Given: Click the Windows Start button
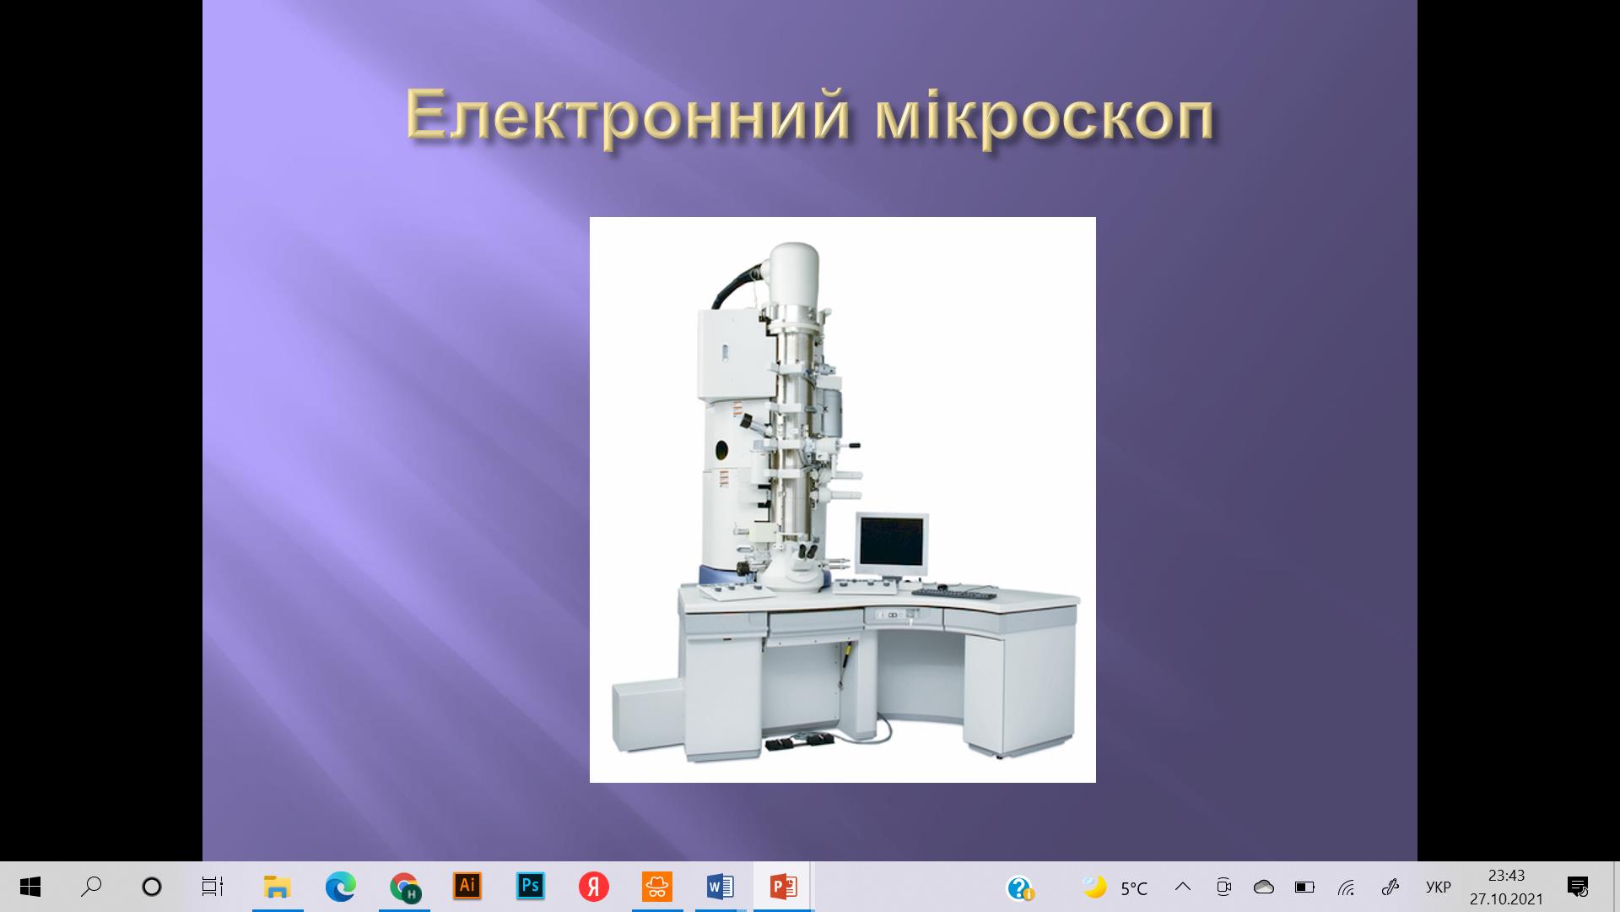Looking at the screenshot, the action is coord(30,887).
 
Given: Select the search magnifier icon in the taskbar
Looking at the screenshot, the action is coord(91,887).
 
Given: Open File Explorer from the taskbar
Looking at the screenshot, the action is coord(278,887).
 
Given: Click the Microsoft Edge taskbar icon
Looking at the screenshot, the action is coord(340,887).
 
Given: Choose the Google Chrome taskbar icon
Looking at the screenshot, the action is coord(405,888).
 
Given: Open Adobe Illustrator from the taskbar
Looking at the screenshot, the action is coord(467,886).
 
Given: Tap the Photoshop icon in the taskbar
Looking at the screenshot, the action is coord(531,886).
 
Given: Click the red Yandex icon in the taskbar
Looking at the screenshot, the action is coord(594,887).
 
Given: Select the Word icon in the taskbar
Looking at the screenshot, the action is coord(720,887).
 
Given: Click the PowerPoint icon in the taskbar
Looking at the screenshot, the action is coord(784,887).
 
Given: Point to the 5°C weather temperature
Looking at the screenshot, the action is coord(1134,888).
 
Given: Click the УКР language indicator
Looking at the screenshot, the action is coord(1439,888).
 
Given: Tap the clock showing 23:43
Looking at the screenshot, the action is coord(1506,876).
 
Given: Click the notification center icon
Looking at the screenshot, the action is coord(1578,887).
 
